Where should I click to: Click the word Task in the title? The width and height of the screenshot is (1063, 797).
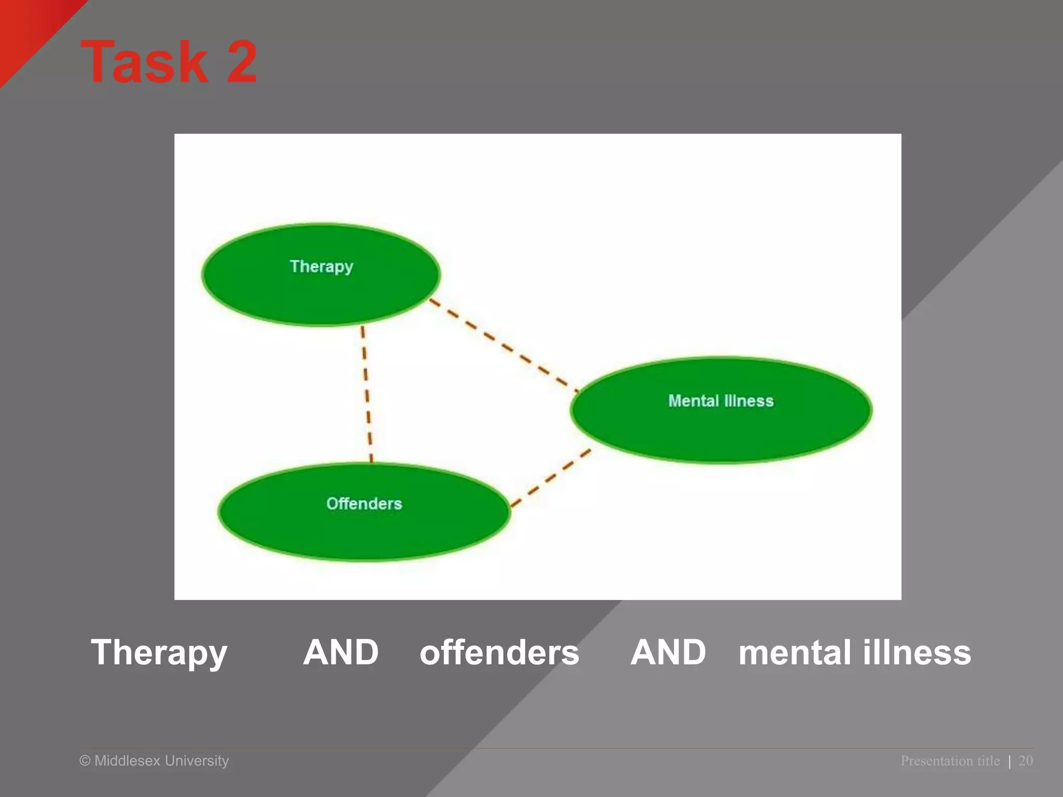144,62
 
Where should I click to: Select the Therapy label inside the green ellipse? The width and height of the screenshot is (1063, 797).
321,267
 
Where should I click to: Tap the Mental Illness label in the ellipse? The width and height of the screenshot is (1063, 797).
720,401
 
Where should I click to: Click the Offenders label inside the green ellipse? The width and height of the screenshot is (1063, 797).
364,503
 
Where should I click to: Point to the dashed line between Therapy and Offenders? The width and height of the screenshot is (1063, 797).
367,394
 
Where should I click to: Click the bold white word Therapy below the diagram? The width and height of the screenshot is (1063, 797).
159,653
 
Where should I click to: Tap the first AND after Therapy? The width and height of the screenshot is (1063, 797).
341,652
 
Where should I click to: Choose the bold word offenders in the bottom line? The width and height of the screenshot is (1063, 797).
499,653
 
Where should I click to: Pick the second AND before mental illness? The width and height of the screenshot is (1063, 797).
668,652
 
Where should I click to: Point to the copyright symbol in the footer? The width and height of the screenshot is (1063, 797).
85,761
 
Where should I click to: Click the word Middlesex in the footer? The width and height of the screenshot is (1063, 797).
127,761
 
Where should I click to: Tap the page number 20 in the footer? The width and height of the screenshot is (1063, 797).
1026,761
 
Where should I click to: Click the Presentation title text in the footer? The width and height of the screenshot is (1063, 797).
950,761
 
